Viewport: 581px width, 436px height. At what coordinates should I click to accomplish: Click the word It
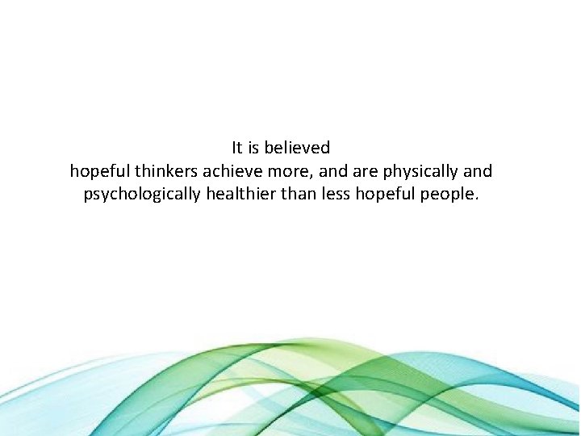(237, 148)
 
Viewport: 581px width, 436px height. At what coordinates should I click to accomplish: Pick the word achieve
(231, 171)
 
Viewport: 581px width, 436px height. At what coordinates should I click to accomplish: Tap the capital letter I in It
(233, 148)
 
